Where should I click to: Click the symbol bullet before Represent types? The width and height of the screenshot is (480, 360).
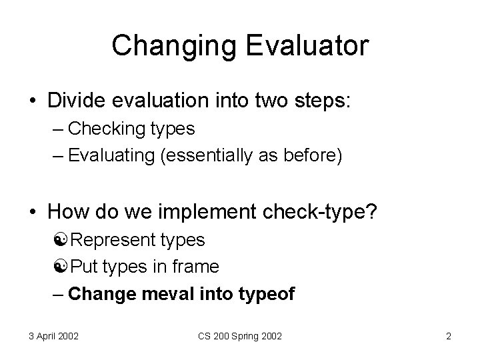tap(74, 240)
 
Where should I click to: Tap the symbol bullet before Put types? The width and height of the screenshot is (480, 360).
tap(74, 267)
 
